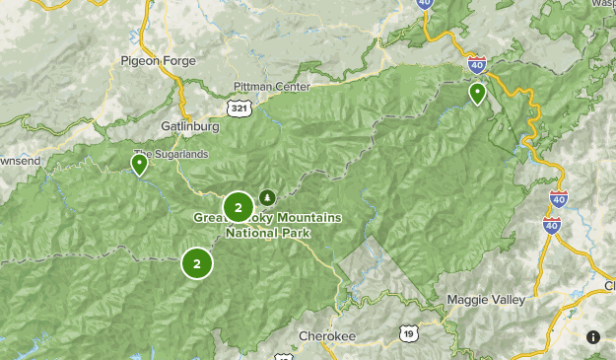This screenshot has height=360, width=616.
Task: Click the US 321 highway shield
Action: click(239, 108)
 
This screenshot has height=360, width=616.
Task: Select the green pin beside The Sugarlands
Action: click(140, 163)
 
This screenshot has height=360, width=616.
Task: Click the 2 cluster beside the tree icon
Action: click(238, 207)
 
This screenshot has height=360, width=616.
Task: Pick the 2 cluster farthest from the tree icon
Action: click(197, 263)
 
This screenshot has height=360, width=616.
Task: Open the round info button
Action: click(593, 337)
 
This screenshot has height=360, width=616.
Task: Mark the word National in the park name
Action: click(253, 234)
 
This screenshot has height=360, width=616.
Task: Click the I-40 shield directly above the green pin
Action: click(477, 66)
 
